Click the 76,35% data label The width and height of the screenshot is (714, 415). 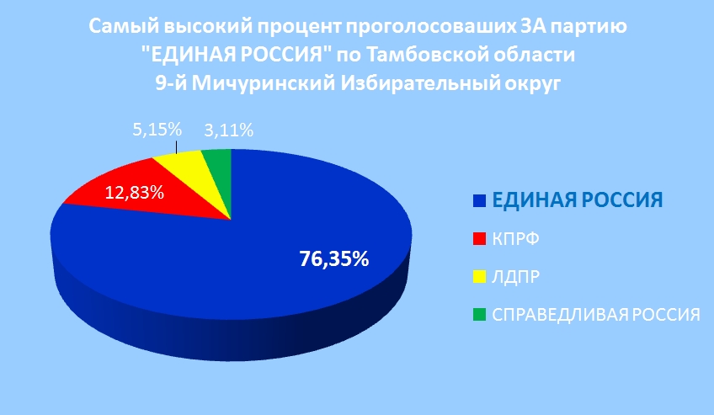[333, 259]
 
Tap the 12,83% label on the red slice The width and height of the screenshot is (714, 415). [135, 193]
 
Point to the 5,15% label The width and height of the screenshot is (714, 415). [157, 130]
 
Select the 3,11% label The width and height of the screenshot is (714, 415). [228, 130]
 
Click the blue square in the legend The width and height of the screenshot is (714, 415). [479, 200]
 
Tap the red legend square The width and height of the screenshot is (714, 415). [479, 239]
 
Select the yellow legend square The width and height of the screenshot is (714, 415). [479, 277]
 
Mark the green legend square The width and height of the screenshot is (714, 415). [479, 315]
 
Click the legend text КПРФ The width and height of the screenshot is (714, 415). [515, 239]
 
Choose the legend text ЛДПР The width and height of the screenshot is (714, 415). [515, 277]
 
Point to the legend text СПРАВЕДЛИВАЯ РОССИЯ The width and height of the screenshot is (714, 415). [596, 315]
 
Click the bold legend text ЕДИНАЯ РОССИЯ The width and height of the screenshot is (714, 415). [578, 200]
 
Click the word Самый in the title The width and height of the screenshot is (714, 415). [122, 26]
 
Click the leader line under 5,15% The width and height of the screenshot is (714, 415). [176, 148]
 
